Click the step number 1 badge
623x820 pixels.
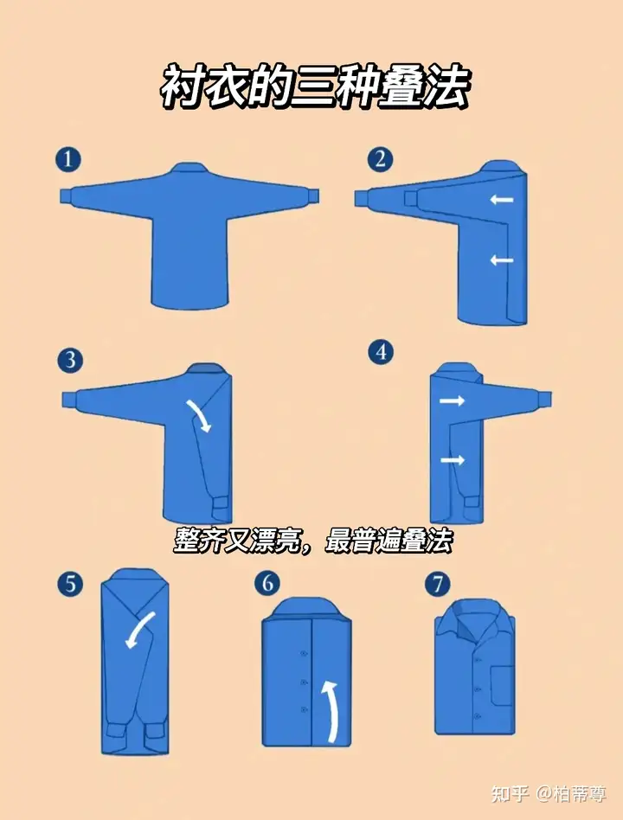[68, 159]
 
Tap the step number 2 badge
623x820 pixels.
[380, 159]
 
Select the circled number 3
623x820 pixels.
[71, 361]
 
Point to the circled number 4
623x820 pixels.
[381, 352]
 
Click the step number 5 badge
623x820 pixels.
[70, 583]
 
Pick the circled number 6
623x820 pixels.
[267, 583]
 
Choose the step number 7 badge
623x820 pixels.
[438, 584]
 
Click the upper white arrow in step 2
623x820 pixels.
[502, 199]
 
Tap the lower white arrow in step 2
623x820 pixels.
[502, 259]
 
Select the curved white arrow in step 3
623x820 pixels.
[202, 414]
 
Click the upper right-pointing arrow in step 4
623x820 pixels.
[452, 401]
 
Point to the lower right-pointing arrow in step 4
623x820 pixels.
[452, 460]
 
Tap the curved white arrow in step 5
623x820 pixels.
[138, 628]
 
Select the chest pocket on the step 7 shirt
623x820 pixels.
[501, 684]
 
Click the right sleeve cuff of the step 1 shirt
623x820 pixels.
[312, 198]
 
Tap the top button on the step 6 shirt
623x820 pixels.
[304, 654]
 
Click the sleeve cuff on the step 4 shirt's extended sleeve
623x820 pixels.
[543, 399]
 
